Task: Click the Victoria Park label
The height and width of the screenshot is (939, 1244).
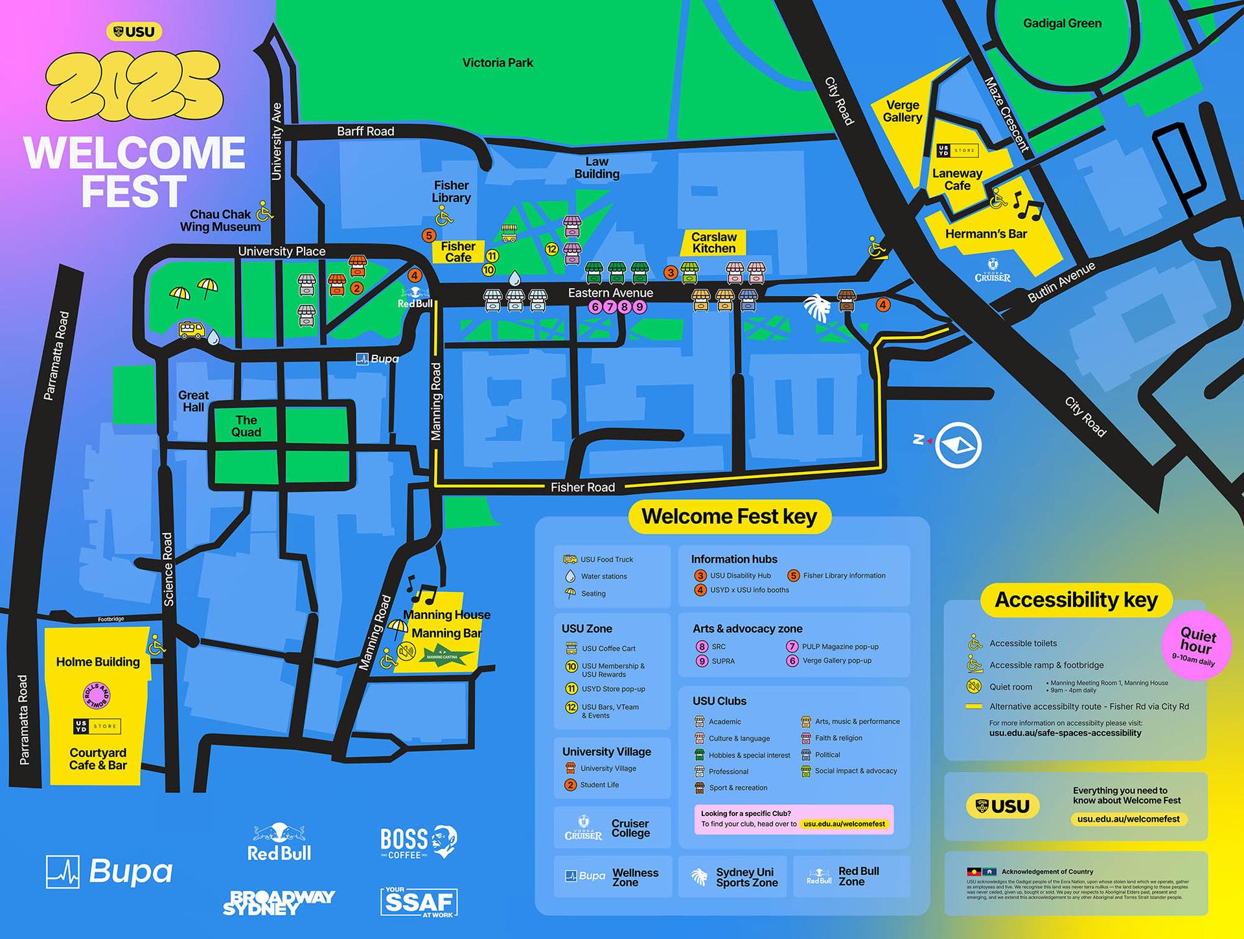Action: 498,63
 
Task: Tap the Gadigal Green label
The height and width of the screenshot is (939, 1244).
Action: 1062,23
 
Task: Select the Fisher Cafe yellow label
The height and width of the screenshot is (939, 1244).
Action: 458,252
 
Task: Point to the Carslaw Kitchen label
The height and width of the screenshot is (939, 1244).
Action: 713,243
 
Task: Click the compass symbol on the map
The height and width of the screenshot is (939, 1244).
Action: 958,445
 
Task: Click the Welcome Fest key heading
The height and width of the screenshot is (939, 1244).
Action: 729,517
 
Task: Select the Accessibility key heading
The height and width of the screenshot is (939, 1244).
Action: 1076,600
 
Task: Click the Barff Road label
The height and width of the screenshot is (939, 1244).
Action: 365,131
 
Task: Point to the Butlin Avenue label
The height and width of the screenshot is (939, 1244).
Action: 1061,283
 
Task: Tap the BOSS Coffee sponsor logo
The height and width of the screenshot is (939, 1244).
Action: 419,842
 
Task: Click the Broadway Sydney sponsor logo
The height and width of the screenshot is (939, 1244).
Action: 279,902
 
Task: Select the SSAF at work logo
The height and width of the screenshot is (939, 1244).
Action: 419,902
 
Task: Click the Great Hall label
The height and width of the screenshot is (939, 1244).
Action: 193,402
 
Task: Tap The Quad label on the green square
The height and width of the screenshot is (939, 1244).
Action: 246,426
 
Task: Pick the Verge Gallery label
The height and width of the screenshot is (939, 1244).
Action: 903,111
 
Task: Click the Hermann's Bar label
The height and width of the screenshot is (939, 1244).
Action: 985,234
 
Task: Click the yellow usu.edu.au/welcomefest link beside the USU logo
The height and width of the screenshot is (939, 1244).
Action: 1128,819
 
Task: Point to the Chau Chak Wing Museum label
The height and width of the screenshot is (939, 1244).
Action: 220,220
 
